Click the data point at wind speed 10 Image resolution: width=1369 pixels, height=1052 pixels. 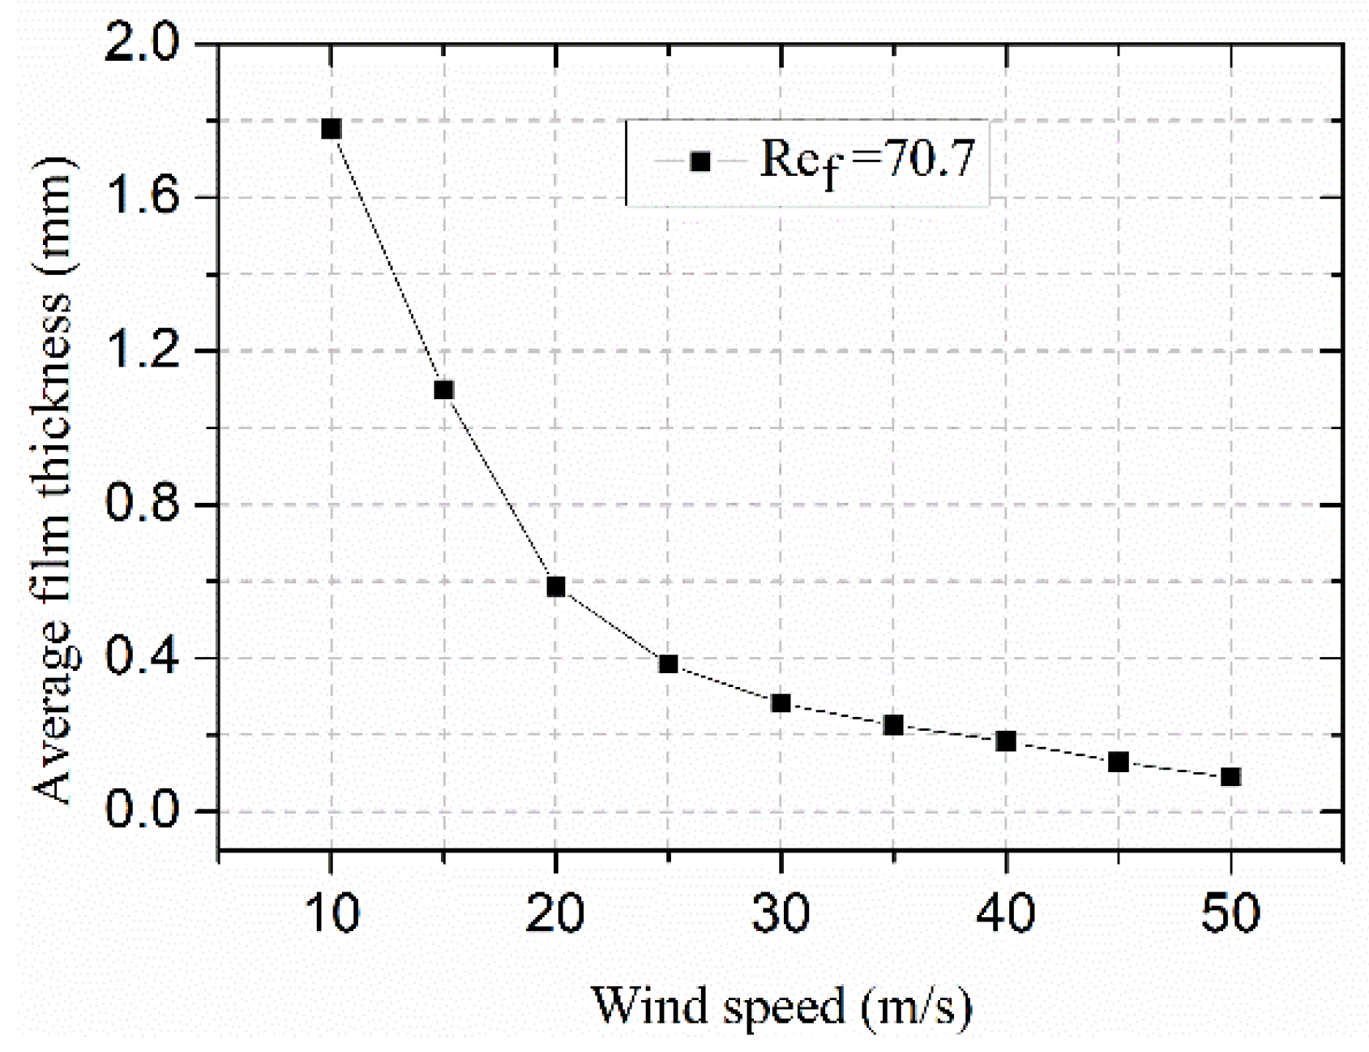[331, 129]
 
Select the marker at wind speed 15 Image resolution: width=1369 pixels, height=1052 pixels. [443, 390]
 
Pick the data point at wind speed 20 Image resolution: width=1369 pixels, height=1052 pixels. [555, 586]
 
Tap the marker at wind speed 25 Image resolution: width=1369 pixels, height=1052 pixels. [668, 664]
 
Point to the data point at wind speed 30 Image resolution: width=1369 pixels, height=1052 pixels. [781, 703]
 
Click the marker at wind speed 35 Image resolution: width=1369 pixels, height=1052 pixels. [893, 725]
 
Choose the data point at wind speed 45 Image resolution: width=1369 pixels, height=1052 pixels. [1119, 762]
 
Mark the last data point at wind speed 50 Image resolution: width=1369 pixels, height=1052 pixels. [1230, 777]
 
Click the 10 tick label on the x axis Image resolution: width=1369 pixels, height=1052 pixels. [332, 912]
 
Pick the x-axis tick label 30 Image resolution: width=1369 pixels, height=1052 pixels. [781, 912]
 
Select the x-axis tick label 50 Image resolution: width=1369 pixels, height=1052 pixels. [1230, 912]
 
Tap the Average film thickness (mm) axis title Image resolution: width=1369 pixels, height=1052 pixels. [53, 479]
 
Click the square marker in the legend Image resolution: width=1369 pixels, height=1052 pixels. [700, 161]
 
